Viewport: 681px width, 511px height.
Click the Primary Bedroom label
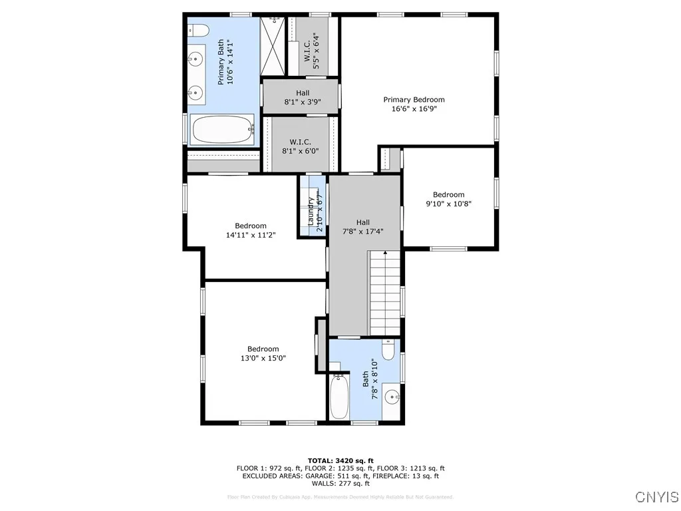coord(414,100)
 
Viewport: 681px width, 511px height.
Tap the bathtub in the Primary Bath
coord(223,129)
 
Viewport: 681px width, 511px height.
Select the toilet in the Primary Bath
coord(198,30)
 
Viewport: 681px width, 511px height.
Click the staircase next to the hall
coord(385,293)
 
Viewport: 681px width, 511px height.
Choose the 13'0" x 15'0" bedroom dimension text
coord(263,359)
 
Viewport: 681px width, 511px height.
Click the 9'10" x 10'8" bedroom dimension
coord(449,204)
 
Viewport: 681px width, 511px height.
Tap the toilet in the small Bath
coord(389,350)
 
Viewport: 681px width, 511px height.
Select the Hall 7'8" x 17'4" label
coord(362,227)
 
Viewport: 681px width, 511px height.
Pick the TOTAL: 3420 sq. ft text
coord(340,460)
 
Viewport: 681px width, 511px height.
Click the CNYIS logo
coord(656,497)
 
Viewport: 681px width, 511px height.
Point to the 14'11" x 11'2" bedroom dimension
coord(250,235)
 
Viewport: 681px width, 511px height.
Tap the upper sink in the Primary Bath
coord(195,60)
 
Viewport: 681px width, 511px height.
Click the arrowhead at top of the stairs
coord(385,253)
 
